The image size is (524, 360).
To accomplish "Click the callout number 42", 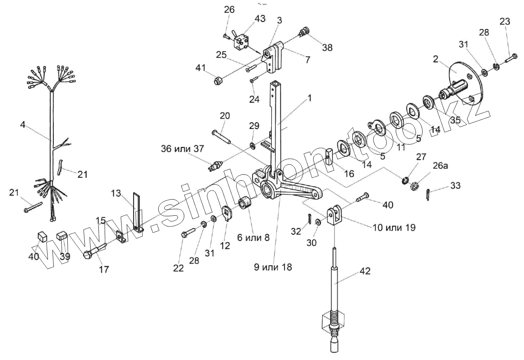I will (365, 271).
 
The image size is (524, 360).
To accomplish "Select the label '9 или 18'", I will (273, 267).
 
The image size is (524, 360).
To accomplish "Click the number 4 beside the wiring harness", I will (23, 124).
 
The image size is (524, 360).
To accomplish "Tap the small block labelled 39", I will (62, 236).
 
